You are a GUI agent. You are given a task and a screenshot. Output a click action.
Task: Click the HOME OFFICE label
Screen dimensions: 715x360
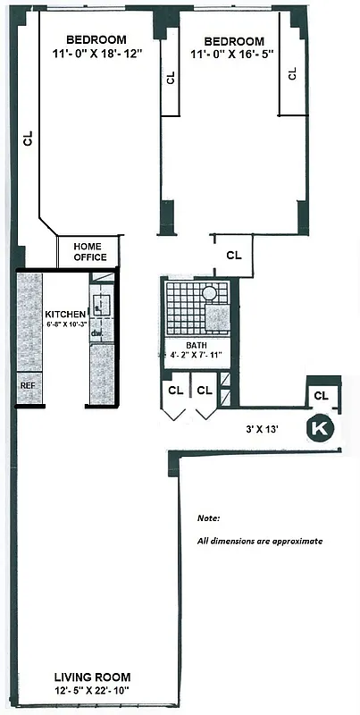tap(88, 252)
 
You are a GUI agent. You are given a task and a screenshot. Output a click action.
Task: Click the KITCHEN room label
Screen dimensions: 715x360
tap(65, 314)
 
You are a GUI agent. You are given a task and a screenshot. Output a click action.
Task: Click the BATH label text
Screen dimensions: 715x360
tap(197, 346)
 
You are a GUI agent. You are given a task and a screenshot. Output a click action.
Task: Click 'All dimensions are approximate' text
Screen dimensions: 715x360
tap(259, 542)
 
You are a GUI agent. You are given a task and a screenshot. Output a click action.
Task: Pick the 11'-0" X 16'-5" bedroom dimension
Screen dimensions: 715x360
tap(234, 56)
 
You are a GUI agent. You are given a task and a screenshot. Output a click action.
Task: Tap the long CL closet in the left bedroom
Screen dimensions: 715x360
tap(28, 139)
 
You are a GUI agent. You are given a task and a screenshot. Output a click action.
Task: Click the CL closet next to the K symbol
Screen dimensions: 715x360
tap(322, 394)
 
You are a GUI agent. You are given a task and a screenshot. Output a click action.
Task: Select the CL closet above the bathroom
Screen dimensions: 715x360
tap(234, 255)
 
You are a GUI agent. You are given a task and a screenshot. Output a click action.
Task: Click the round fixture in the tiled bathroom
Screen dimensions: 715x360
tap(209, 292)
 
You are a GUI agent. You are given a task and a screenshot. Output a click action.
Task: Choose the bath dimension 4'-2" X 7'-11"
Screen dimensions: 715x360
tap(197, 357)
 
